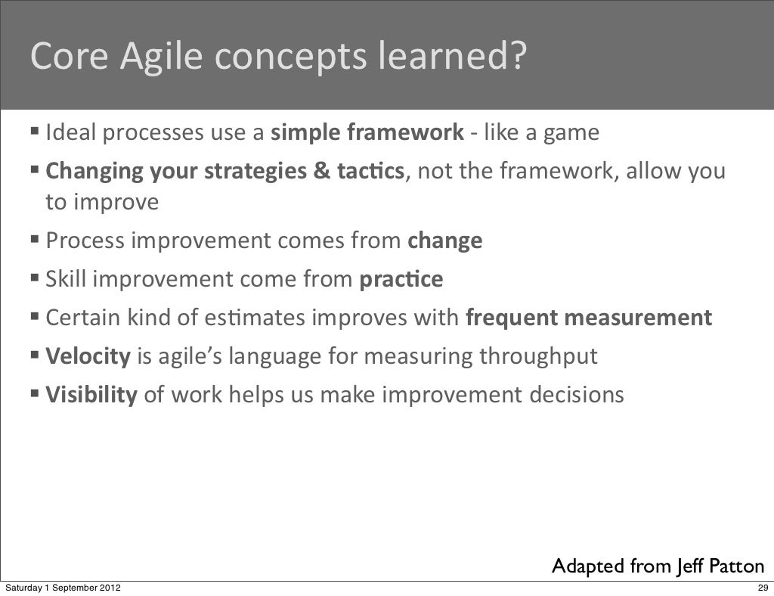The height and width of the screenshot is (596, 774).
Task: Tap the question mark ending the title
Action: [514, 56]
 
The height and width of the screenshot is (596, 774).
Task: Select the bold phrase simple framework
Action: [367, 133]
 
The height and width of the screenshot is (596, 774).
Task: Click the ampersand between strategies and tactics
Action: [321, 172]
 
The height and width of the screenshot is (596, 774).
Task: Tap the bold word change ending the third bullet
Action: [444, 241]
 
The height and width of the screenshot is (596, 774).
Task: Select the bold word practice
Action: [401, 280]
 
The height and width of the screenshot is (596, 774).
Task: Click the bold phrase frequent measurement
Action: [589, 318]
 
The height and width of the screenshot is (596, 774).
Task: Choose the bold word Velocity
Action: [88, 356]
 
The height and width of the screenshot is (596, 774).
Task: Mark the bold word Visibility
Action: [91, 395]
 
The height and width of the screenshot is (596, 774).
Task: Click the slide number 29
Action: [761, 588]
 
